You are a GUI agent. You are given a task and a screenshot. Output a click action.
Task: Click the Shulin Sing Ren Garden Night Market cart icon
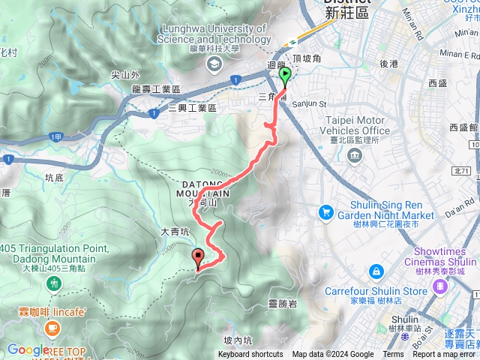pos(325,213)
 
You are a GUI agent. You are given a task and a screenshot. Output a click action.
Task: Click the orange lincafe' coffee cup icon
pos(52,327)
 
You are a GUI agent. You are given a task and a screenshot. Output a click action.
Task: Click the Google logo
pos(28,349)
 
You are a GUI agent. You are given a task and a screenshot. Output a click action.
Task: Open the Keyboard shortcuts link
pos(250,355)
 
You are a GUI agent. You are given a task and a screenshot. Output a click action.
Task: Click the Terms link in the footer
pos(393,355)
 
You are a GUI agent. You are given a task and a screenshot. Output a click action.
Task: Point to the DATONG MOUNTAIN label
pos(203,188)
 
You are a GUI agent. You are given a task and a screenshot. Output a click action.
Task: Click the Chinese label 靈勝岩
pos(283,304)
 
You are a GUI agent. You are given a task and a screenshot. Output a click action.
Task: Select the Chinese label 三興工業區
pos(192,109)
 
